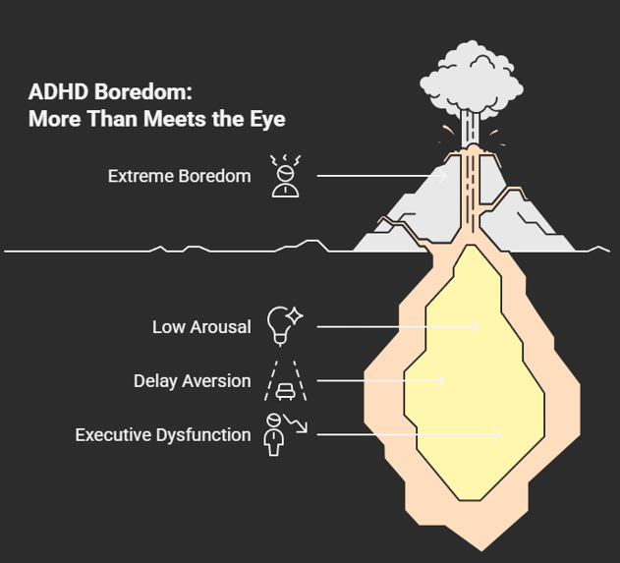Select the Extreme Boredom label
tap(180, 177)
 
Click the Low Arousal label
tap(201, 326)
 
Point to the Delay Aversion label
tap(192, 380)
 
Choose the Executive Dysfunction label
tap(163, 433)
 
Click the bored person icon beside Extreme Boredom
tap(286, 176)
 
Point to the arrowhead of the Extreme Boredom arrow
tap(443, 177)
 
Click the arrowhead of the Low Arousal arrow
tap(477, 326)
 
